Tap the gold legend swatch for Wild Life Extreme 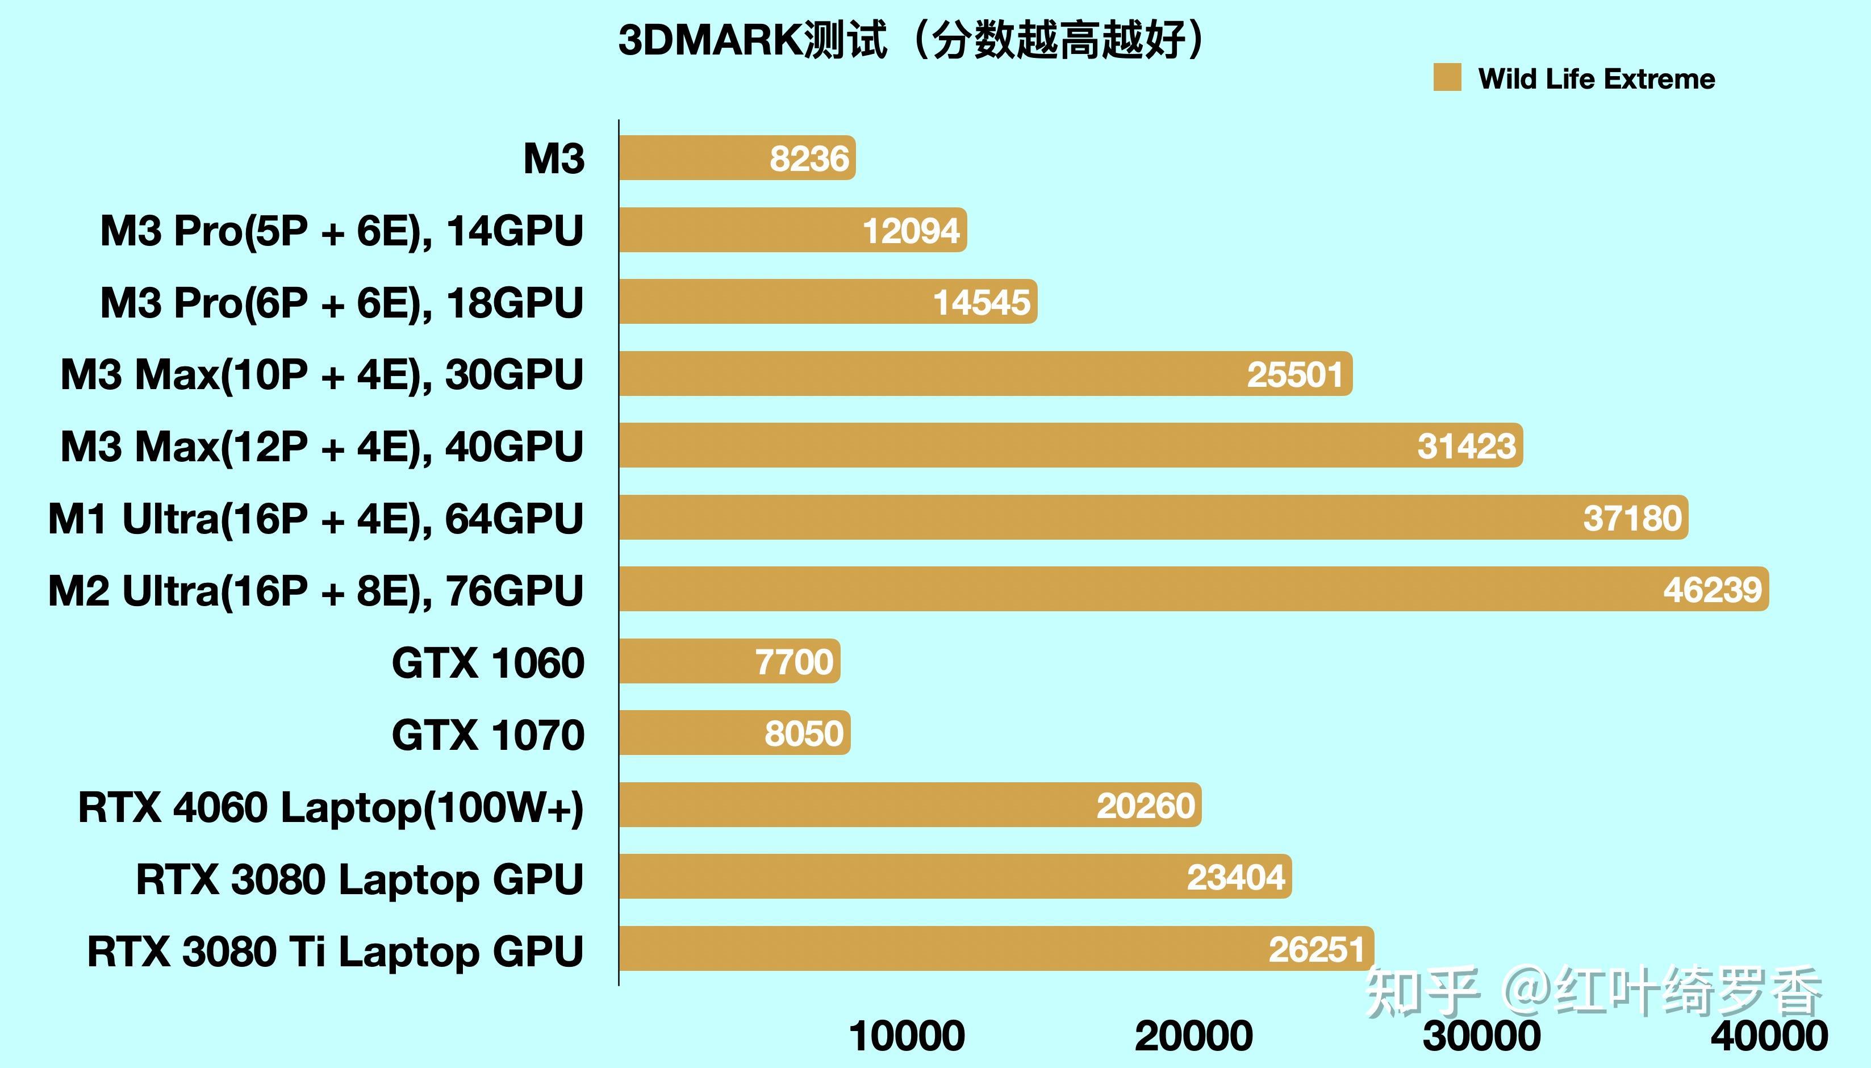click(x=1446, y=78)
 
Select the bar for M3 click(x=736, y=158)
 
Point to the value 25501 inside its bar click(x=1294, y=375)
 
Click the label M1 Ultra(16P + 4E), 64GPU click(x=315, y=519)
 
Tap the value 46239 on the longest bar click(x=1712, y=590)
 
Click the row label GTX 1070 click(x=488, y=734)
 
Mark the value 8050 click(x=804, y=733)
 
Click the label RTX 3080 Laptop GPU click(x=360, y=879)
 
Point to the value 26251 click(x=1317, y=949)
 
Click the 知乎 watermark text click(x=1421, y=992)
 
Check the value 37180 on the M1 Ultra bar click(x=1631, y=519)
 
